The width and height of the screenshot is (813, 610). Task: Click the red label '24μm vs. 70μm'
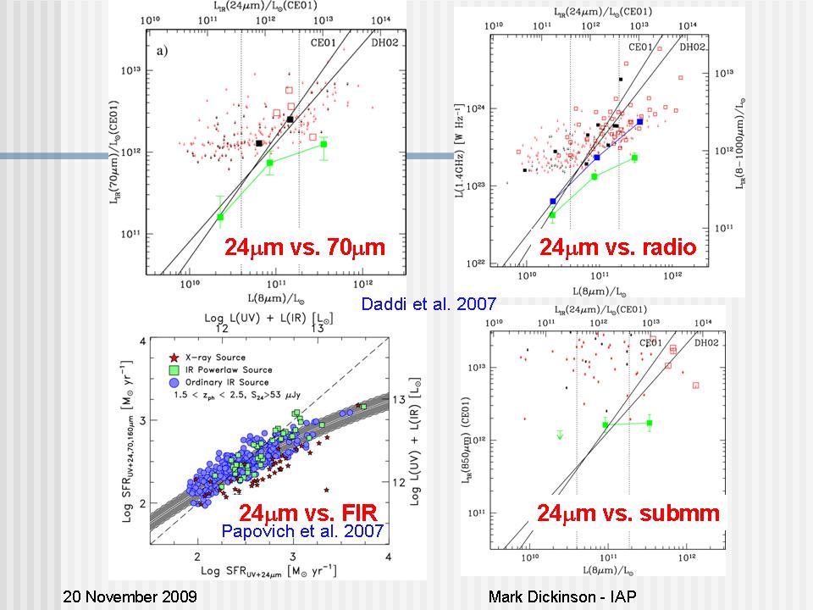click(304, 247)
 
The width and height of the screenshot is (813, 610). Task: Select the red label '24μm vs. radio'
click(617, 247)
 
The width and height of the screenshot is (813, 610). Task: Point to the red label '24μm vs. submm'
click(628, 513)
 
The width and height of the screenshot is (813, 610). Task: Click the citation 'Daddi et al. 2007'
click(428, 304)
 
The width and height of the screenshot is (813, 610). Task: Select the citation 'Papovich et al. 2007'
click(301, 531)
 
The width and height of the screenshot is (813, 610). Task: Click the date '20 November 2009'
click(130, 596)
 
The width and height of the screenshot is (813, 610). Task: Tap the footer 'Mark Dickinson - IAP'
click(561, 596)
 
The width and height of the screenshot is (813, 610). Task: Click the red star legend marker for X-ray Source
click(174, 358)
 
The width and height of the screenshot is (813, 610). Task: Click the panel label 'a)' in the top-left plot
click(162, 52)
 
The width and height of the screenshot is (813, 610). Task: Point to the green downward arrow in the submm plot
click(560, 435)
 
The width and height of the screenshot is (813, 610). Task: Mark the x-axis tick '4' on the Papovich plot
click(389, 556)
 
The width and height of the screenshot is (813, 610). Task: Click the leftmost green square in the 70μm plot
click(220, 217)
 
